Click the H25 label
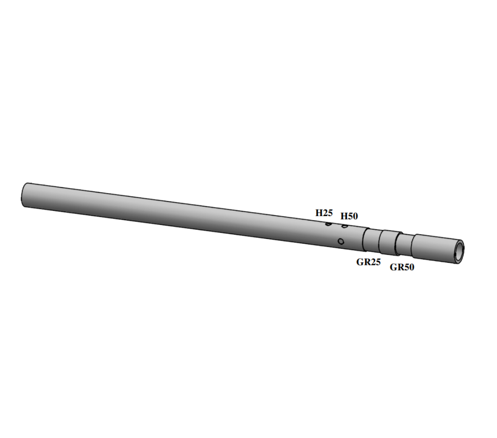tap(324, 213)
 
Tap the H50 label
tap(349, 216)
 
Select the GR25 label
tap(368, 262)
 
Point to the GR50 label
tap(402, 267)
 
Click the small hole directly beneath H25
tap(328, 224)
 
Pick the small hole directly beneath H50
tap(345, 226)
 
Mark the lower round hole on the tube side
tap(341, 241)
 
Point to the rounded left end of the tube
tap(24, 195)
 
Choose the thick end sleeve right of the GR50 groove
tap(433, 248)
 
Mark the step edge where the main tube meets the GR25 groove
tap(364, 239)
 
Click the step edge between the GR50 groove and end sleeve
tap(413, 247)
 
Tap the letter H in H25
tap(319, 213)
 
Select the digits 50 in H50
tap(353, 216)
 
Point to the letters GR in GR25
tap(362, 262)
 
